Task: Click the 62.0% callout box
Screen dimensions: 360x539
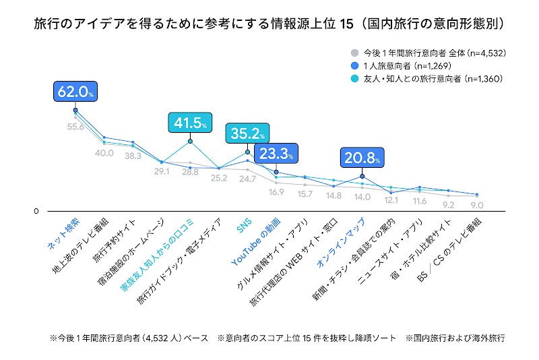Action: click(75, 92)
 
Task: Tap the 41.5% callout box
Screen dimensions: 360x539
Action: click(190, 123)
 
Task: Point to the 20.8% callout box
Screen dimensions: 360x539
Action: click(362, 159)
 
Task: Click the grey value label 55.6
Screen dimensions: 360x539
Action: click(75, 127)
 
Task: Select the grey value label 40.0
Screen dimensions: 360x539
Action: click(104, 153)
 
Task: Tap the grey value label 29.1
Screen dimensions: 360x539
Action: click(162, 172)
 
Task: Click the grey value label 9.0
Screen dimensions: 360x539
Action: click(476, 205)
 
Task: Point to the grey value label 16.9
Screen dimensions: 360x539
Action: click(276, 191)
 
